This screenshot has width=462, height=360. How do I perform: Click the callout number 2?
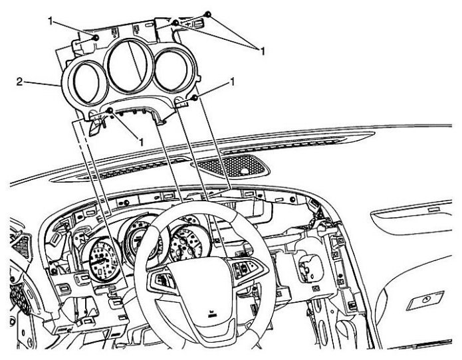20,83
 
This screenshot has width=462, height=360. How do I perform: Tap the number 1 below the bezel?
140,141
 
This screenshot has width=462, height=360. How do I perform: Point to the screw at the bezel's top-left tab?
97,38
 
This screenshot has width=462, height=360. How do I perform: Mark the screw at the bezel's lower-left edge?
110,110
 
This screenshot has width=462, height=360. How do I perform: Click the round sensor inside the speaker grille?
247,171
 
